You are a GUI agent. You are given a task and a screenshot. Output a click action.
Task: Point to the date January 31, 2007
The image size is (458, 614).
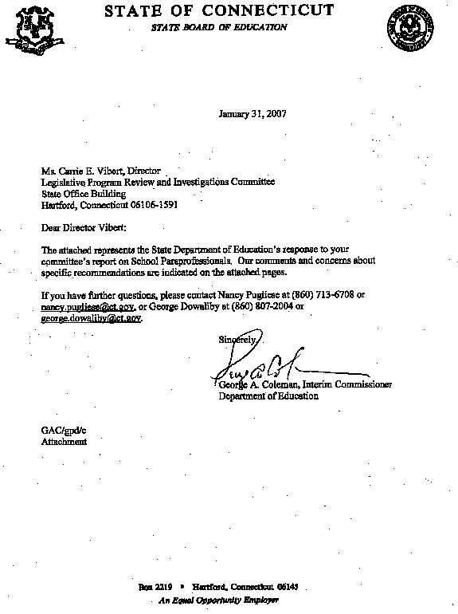[x=252, y=113]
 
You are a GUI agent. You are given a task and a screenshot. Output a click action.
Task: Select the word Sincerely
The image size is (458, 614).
[x=237, y=340]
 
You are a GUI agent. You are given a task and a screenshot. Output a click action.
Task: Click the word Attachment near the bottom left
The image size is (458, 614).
[x=64, y=441]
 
